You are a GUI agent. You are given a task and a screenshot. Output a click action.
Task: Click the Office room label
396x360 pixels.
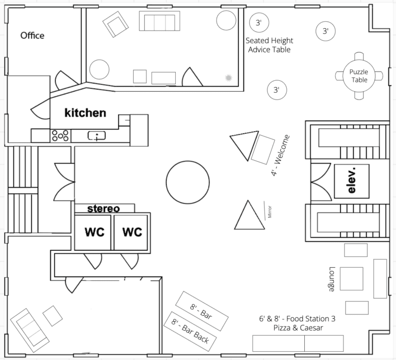tap(32, 36)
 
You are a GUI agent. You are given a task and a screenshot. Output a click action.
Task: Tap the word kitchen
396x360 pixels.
tap(86, 113)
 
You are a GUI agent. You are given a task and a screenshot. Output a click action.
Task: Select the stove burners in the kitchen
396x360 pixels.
tap(60, 136)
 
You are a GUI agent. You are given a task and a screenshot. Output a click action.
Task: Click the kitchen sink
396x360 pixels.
tap(96, 136)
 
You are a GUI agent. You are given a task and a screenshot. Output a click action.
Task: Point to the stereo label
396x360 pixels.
tap(104, 209)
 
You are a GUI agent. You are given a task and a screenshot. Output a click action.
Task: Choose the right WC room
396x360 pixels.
tap(131, 233)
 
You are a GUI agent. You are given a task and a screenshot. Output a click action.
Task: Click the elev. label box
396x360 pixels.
tap(352, 181)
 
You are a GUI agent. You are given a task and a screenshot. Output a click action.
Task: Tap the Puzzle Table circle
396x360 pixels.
tap(359, 76)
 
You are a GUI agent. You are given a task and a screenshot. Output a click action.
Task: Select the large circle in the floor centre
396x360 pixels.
tap(188, 182)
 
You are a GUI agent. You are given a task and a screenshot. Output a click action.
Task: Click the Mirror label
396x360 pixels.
tap(270, 212)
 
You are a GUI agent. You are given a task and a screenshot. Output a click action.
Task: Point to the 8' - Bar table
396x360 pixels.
tap(202, 311)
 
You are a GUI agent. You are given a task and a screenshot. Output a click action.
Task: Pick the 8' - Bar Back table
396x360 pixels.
tap(190, 332)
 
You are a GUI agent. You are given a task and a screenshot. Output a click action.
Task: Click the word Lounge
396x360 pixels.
tap(332, 279)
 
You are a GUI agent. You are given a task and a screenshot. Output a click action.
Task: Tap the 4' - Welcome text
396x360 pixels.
tap(280, 156)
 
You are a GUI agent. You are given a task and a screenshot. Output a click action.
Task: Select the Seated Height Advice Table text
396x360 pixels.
tap(269, 45)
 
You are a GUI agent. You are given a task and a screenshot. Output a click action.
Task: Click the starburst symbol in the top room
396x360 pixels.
tap(228, 78)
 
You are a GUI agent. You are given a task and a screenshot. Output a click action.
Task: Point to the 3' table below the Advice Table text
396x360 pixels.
tap(277, 90)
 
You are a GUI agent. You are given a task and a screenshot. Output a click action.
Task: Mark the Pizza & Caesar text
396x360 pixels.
tap(298, 328)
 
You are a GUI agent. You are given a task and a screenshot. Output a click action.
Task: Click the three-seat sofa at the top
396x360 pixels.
tap(160, 21)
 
